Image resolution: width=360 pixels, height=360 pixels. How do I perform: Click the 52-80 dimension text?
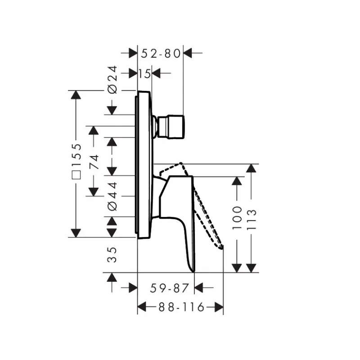[x=161, y=54]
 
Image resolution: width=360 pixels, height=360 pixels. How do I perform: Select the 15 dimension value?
[x=144, y=74]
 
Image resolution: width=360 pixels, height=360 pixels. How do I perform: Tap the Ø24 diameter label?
[x=112, y=80]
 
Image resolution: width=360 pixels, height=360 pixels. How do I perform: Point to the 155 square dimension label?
[x=76, y=161]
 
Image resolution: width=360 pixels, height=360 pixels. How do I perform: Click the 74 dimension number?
[x=94, y=162]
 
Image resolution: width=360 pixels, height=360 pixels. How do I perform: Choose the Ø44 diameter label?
[x=112, y=197]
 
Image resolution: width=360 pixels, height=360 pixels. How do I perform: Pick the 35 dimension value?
[x=112, y=255]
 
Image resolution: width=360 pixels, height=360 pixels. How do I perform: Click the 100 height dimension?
[x=237, y=218]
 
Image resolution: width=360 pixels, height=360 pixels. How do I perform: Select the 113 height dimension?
[x=252, y=219]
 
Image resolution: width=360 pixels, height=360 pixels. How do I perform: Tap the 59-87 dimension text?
[x=169, y=288]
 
